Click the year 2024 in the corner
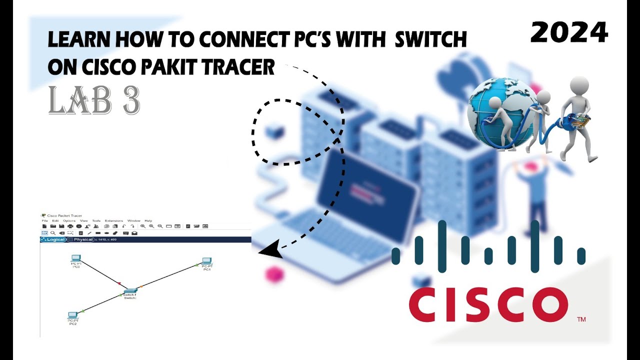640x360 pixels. pos(569,33)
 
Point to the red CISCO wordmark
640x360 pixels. pos(488,305)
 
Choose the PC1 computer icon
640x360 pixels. pos(207,261)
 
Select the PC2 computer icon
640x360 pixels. pos(73,315)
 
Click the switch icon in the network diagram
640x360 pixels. pos(130,290)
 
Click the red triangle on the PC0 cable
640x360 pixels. pos(119,283)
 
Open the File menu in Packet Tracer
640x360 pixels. pos(44,220)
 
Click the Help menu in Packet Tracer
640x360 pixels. pos(148,220)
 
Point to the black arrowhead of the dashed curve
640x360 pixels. pos(270,248)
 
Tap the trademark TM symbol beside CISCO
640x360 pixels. pos(581,319)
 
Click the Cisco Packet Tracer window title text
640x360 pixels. pos(64,215)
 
